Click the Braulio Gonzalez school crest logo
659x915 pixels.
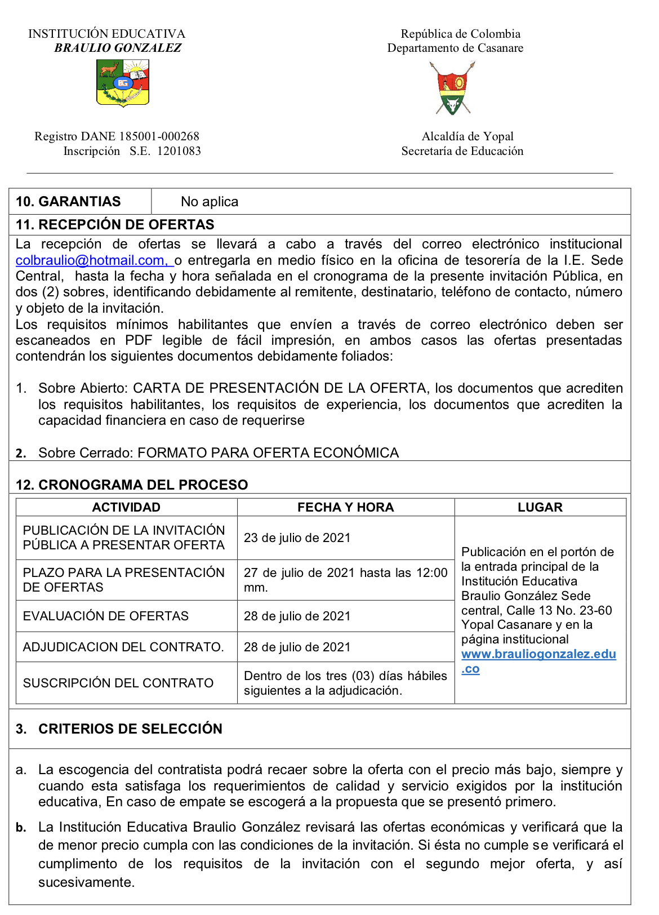[x=123, y=83]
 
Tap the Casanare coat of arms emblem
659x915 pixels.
[x=453, y=89]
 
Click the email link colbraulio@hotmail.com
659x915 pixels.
[x=91, y=260]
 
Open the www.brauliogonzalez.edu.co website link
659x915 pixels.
[x=538, y=655]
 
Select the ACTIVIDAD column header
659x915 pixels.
[x=126, y=507]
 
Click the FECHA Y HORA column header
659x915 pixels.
[x=345, y=507]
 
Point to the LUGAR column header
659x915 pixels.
[x=540, y=507]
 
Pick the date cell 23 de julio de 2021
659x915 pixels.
[x=297, y=538]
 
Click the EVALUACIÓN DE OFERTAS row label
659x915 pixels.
[x=106, y=616]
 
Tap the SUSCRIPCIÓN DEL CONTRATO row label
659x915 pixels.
[x=118, y=683]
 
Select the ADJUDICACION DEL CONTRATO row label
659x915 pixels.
[x=123, y=647]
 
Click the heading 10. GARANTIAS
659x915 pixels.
[x=68, y=202]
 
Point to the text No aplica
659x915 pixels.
[x=210, y=202]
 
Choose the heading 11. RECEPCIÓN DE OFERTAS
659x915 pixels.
[x=115, y=225]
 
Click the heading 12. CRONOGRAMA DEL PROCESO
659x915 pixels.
[x=132, y=485]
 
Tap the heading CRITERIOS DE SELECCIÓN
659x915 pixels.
[x=130, y=729]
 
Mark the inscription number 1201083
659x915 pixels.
[x=179, y=151]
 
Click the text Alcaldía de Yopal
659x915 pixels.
[x=467, y=136]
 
